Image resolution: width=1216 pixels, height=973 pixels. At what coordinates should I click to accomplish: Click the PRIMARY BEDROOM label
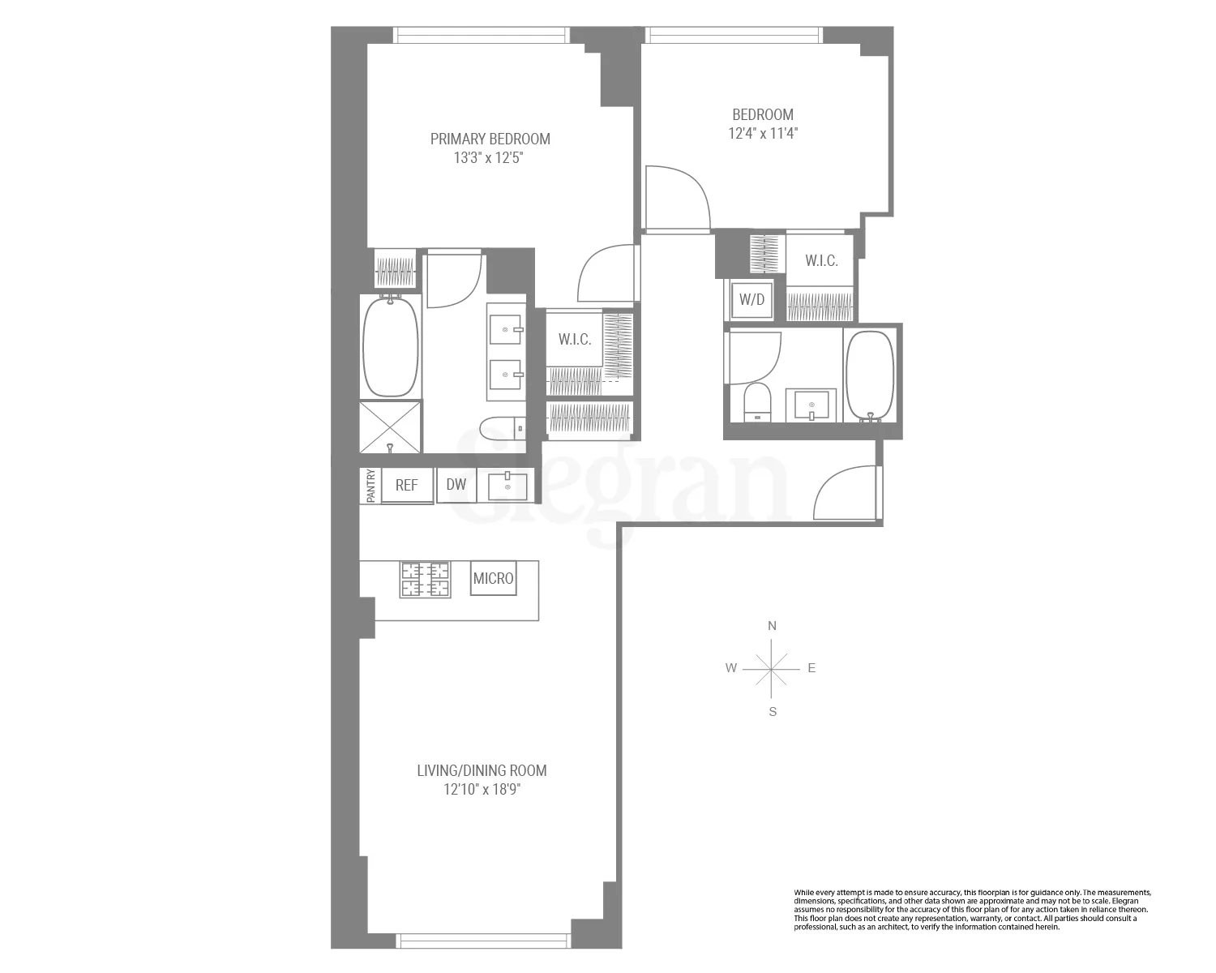point(490,139)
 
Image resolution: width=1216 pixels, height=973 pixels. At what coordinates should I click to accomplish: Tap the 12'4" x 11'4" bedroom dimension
point(762,133)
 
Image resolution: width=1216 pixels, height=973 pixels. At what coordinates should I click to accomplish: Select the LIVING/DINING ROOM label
point(482,770)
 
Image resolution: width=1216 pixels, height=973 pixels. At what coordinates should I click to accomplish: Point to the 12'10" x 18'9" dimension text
point(482,789)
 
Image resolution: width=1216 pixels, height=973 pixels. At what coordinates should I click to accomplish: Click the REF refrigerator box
point(406,485)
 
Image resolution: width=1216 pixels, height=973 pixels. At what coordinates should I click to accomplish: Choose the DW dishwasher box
point(456,485)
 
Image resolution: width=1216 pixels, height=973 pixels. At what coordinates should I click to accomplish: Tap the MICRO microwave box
point(493,579)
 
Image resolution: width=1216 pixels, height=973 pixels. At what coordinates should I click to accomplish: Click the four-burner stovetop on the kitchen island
point(425,580)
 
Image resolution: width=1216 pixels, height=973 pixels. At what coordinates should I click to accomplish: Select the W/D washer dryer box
point(751,299)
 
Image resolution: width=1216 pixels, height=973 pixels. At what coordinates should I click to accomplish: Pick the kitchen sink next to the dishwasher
point(507,486)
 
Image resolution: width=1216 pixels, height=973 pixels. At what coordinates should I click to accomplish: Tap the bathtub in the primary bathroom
point(391,347)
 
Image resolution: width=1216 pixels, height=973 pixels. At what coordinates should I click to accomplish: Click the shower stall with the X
point(391,427)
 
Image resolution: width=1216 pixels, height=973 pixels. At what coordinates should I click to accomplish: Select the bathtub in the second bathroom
point(870,376)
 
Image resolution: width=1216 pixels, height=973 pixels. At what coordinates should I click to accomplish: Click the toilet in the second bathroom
point(757,402)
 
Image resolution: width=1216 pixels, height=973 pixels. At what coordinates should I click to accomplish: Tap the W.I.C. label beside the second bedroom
point(821,261)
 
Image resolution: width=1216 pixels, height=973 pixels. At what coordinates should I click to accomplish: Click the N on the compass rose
point(773,626)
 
